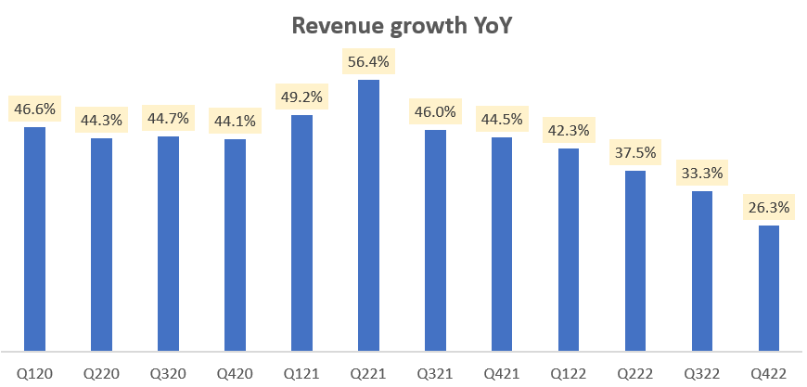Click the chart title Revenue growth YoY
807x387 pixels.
(x=403, y=26)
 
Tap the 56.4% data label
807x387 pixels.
(x=368, y=63)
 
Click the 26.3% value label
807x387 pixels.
(x=769, y=208)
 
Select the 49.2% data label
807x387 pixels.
(x=301, y=97)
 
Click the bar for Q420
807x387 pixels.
(x=235, y=245)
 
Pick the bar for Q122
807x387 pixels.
(x=569, y=250)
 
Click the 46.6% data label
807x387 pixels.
(x=34, y=110)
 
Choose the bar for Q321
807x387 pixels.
(x=435, y=240)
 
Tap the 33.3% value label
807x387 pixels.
(x=702, y=174)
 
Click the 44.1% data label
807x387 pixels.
(x=235, y=122)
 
